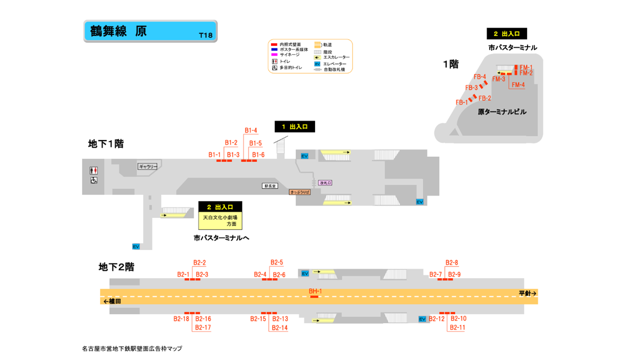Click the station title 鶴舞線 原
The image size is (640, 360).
118,31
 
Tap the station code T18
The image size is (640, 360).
205,35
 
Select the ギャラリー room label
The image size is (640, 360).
147,166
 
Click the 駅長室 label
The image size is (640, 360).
269,186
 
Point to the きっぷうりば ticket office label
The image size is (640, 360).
299,192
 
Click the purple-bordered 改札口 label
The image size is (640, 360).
325,183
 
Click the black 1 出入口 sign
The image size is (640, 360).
294,127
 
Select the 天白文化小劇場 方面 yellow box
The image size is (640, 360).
220,220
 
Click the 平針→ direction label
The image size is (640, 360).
527,293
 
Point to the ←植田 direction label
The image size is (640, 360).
112,301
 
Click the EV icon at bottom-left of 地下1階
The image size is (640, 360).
135,246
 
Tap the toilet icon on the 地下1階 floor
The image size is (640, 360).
93,171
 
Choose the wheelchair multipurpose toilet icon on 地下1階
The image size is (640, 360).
93,180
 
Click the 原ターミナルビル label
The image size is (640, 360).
502,112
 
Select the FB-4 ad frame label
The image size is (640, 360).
479,77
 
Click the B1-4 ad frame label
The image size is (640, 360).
250,131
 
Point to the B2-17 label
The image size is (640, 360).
203,327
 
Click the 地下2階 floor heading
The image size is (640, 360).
116,267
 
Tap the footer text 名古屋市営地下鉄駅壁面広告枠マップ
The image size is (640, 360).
132,348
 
